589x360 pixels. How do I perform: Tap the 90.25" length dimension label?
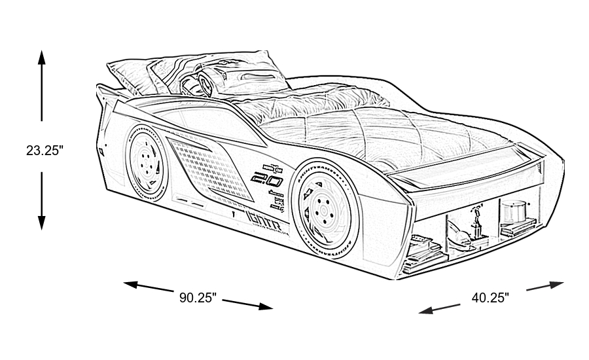(x=198, y=298)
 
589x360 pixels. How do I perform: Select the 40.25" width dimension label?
(x=490, y=298)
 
